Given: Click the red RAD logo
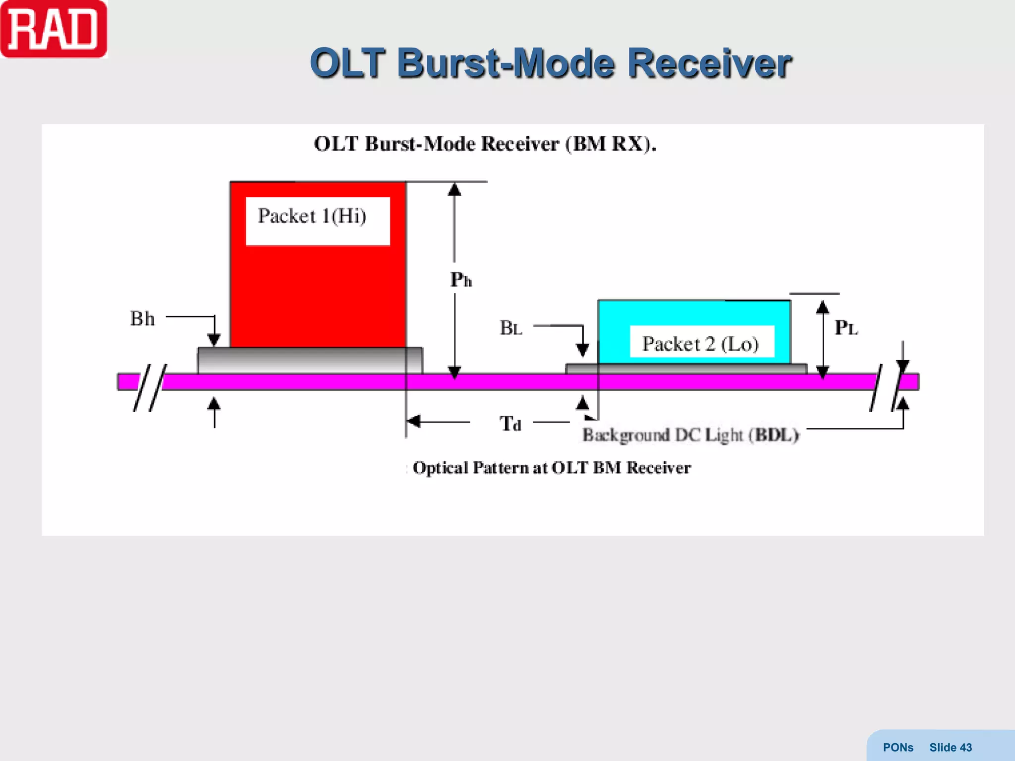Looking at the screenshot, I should (x=54, y=29).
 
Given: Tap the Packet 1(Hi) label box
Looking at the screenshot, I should (x=317, y=220).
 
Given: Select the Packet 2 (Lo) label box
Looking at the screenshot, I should (x=701, y=342).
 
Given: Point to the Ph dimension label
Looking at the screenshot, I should (x=460, y=280).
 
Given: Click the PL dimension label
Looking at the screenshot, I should (x=846, y=327).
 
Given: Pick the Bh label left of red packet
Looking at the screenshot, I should (x=142, y=319).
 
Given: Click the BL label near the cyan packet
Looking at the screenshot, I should (x=511, y=328).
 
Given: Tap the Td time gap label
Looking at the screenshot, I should (x=510, y=424).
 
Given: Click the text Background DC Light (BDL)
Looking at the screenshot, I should (x=690, y=435).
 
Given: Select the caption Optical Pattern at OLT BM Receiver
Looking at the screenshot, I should (x=551, y=468).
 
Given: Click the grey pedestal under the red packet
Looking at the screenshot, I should (x=310, y=360).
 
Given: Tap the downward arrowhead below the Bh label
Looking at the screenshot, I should (x=214, y=340).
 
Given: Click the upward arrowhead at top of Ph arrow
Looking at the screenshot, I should (x=454, y=190).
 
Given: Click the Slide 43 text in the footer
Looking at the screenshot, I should (x=950, y=747).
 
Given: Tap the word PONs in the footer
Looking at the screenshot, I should (x=898, y=747).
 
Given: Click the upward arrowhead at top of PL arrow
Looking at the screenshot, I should (x=823, y=307).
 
